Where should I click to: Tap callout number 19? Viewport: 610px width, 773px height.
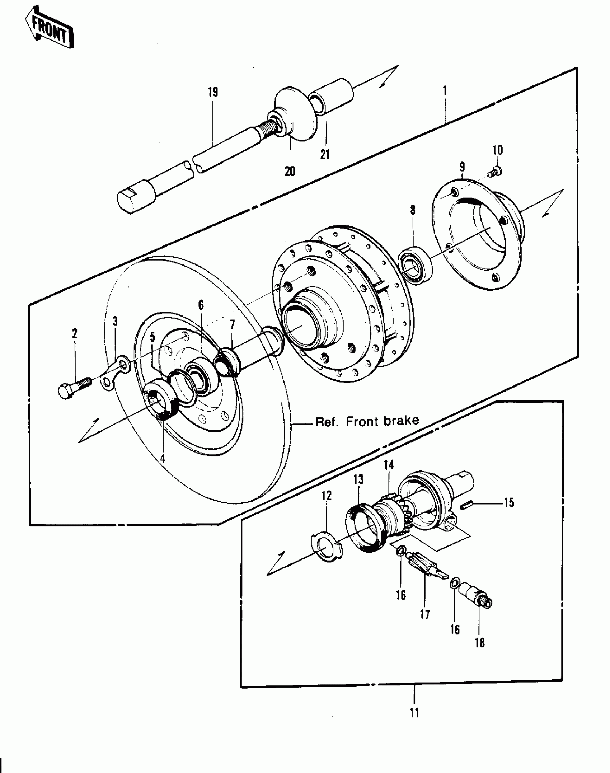point(213,92)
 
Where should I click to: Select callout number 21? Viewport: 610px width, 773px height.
point(325,155)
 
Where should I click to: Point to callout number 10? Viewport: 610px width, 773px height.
point(498,150)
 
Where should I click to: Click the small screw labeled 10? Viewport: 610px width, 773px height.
point(496,172)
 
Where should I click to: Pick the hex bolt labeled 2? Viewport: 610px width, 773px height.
point(74,388)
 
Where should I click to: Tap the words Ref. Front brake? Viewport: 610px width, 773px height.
point(367,421)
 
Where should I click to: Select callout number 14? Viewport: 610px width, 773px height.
point(389,465)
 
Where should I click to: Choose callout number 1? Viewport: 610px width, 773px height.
point(445,90)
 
